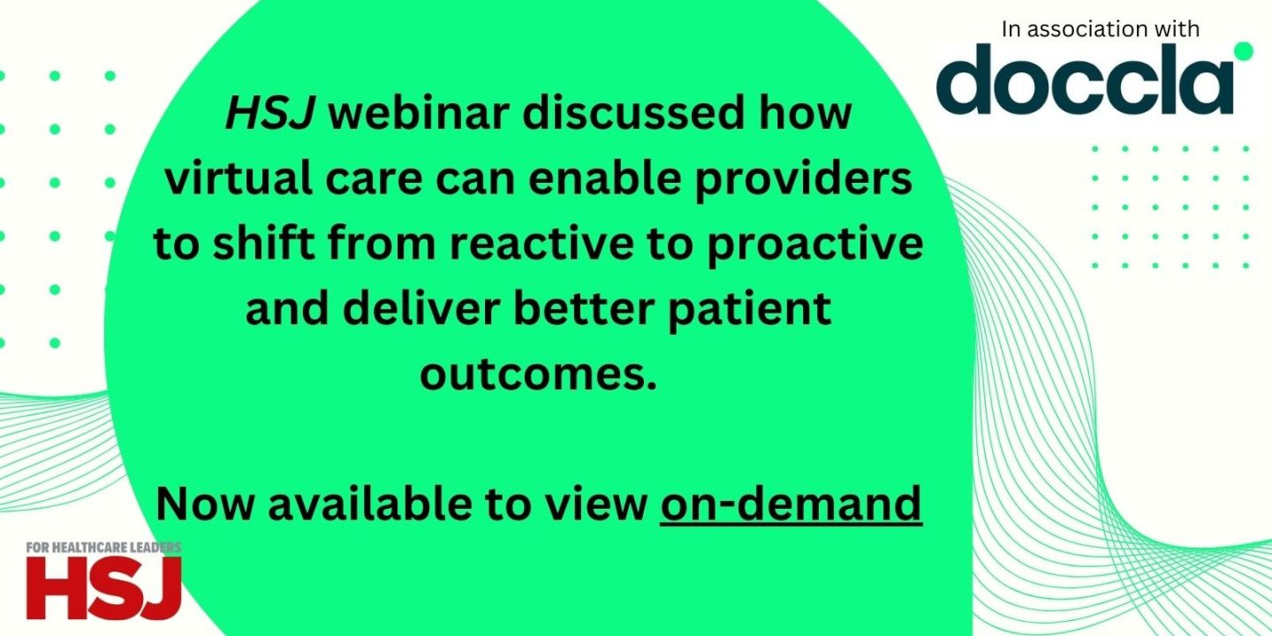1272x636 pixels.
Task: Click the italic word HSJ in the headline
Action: click(x=271, y=116)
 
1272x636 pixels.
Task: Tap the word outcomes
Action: click(x=538, y=374)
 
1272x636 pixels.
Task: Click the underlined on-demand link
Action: click(x=791, y=504)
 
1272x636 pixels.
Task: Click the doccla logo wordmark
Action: click(x=1084, y=80)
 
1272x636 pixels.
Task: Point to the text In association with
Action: click(x=1101, y=29)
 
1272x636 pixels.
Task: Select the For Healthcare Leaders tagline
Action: click(x=102, y=548)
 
